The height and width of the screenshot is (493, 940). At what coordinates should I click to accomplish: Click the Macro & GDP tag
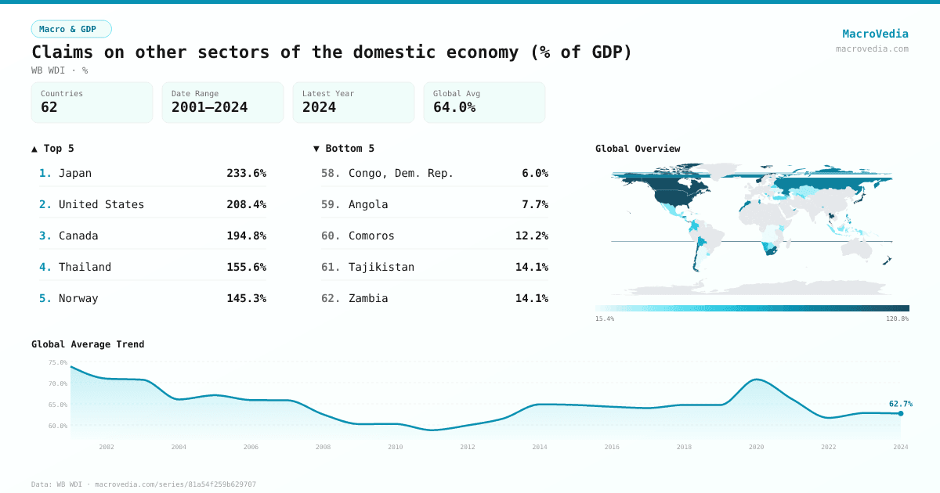(71, 29)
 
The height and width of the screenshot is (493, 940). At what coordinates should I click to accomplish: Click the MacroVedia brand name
(875, 34)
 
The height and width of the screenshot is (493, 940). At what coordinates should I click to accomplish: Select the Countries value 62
(49, 107)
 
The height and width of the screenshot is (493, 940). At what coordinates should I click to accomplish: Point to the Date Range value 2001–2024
(209, 107)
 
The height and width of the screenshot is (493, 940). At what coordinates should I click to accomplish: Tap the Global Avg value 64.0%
(454, 107)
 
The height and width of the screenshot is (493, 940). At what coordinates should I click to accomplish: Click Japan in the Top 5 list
(75, 173)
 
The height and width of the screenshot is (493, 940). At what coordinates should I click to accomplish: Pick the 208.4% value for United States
(246, 204)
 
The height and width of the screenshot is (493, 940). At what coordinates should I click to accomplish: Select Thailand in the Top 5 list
(85, 267)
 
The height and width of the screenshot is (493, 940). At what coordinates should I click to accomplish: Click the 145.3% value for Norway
(246, 298)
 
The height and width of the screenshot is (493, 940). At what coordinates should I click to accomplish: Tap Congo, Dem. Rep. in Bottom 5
(401, 173)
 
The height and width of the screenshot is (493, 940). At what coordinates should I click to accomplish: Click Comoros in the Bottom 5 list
(371, 236)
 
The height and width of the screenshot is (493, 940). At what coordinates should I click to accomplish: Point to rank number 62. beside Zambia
(331, 298)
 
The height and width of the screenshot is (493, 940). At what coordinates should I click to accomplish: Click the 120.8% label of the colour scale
(898, 319)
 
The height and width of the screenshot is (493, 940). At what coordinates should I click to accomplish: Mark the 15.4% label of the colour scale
(605, 319)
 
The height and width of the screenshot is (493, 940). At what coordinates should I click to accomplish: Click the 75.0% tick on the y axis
(58, 362)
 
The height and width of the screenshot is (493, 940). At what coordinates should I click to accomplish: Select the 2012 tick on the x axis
(468, 447)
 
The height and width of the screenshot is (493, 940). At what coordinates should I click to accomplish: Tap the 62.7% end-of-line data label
(900, 404)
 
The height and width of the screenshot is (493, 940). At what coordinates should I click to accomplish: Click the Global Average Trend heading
(88, 344)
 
